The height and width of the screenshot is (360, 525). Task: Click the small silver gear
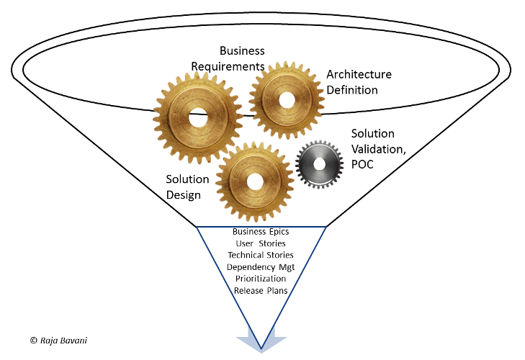320,164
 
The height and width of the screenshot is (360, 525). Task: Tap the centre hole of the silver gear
320,164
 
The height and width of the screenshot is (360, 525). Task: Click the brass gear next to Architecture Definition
287,101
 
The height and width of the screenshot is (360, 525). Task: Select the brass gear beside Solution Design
255,182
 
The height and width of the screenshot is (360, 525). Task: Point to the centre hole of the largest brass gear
198,118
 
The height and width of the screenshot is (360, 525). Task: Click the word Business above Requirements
242,51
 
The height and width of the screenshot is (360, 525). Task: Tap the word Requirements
228,67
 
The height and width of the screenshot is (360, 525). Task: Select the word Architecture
359,74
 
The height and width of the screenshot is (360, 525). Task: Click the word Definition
352,90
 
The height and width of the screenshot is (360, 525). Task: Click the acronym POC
362,164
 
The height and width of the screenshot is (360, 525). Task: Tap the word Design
183,195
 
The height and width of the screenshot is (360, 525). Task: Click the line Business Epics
261,232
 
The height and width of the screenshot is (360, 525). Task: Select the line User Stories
261,243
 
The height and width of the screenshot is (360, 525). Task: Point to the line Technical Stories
261,255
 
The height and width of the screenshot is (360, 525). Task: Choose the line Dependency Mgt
261,267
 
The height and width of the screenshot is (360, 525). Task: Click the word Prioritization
261,279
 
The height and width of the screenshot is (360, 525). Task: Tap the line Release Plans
261,291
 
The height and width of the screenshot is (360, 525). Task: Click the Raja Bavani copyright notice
58,341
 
